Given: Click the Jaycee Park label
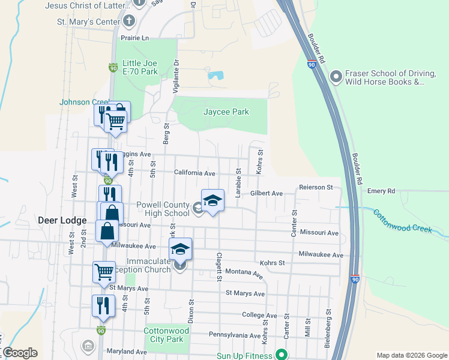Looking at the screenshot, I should click(226, 112).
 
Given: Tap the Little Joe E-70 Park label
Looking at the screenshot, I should click(140, 67).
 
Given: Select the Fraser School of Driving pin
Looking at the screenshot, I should click(336, 77).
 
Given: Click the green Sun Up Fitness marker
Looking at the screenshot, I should click(279, 355).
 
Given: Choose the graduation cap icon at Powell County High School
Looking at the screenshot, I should click(212, 201).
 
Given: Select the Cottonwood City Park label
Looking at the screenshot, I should click(163, 335).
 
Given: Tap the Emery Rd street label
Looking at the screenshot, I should click(382, 191).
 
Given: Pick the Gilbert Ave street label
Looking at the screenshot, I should click(267, 193).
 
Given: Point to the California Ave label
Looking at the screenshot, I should click(194, 173).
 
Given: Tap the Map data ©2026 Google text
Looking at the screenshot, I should click(411, 355).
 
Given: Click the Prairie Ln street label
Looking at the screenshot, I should click(134, 38).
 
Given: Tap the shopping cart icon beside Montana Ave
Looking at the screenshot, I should click(104, 271).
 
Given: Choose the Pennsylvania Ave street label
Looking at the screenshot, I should click(236, 334).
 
